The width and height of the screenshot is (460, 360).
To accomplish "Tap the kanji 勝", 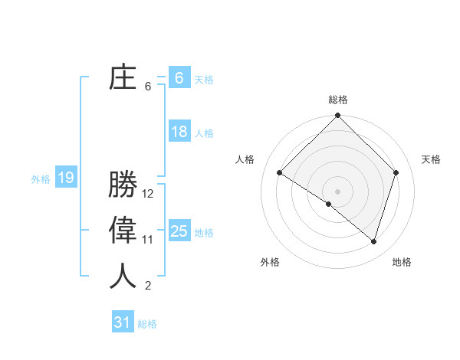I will (x=123, y=186).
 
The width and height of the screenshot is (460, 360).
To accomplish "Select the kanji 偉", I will (x=123, y=232).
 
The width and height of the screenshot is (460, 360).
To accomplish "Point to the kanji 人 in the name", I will (x=123, y=277).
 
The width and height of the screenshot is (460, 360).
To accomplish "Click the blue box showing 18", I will (x=179, y=132).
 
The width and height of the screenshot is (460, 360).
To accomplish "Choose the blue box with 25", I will (x=179, y=231).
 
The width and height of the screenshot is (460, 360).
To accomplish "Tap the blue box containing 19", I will (x=66, y=178).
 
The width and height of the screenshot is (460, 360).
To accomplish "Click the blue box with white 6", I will (x=179, y=78).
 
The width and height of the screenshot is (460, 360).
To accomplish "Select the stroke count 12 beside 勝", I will (x=148, y=195).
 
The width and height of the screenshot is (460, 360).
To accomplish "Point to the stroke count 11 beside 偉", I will (x=148, y=240).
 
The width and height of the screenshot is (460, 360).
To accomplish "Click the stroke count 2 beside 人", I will (x=148, y=286).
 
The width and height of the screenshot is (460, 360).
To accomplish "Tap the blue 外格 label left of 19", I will (x=41, y=179).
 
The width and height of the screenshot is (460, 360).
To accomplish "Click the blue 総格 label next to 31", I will (x=147, y=324).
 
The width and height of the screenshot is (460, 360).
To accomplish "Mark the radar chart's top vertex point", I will (x=337, y=116).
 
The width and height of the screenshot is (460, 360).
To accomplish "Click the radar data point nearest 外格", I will (x=329, y=205).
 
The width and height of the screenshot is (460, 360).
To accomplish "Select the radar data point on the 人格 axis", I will (x=280, y=173).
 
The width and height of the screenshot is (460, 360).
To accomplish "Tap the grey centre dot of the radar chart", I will (x=337, y=191).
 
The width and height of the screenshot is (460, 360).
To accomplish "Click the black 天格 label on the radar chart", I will (x=431, y=159).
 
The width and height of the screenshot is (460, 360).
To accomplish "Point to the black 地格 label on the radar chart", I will (x=402, y=262).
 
